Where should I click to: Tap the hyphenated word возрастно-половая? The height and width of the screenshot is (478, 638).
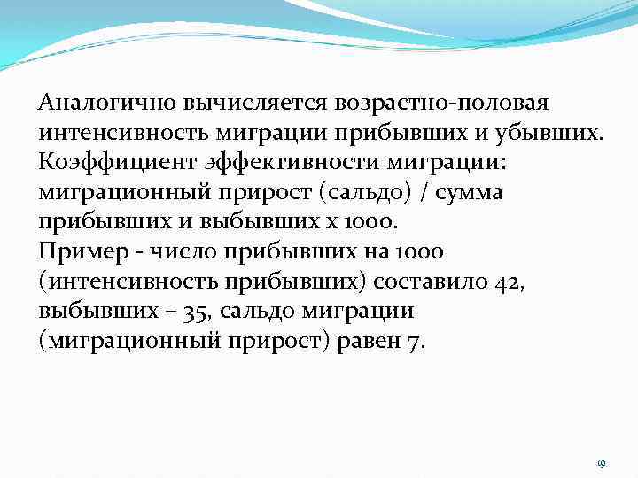pos(443,103)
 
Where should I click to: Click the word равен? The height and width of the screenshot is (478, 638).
pos(367,343)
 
